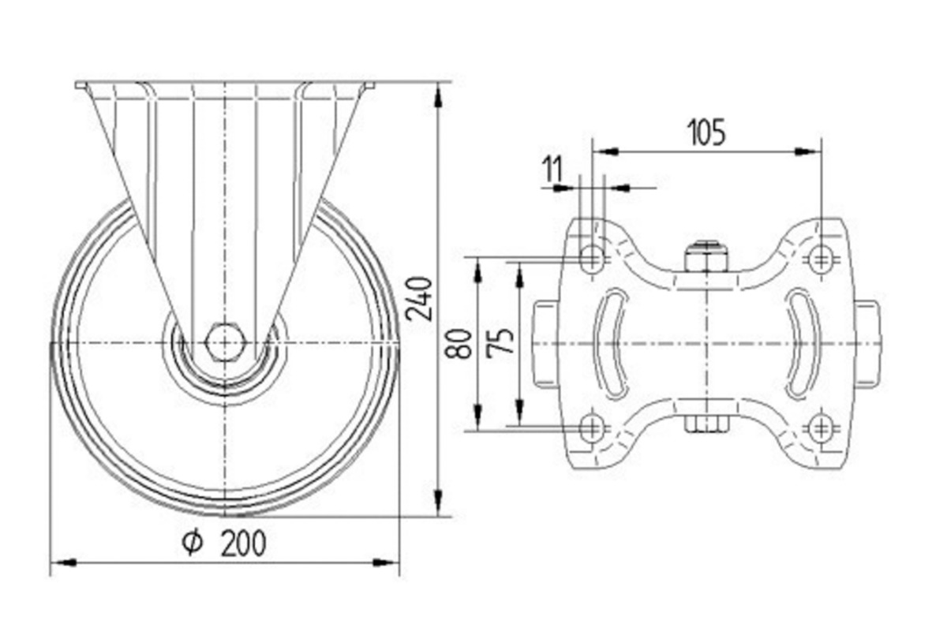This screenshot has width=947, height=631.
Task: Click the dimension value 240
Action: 419,299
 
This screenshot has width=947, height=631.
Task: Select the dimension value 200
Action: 244,543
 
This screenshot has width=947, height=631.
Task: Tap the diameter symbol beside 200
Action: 193,543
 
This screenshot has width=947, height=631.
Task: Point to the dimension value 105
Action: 706,133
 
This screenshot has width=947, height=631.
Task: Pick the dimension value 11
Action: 553,169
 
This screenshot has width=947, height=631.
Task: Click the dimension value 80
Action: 459,344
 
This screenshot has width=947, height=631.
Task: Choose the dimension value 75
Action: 500,343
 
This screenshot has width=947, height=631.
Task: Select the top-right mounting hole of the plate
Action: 821,258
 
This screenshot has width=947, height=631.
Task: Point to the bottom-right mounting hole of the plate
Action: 821,429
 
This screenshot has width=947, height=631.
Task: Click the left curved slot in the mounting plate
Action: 612,343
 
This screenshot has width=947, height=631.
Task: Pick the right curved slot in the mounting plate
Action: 802,343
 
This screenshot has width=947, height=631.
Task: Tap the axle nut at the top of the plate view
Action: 706,256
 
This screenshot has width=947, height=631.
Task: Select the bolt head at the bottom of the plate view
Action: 706,424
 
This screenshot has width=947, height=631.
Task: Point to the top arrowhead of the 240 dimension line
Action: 440,95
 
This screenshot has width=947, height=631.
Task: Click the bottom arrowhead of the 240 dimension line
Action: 440,503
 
